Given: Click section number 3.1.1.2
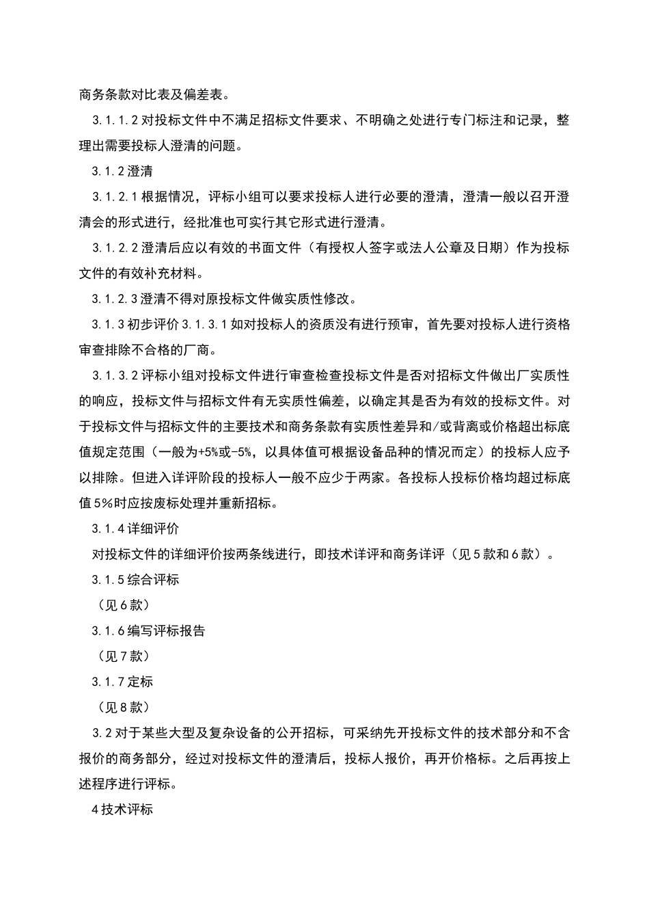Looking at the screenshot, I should click(x=115, y=120).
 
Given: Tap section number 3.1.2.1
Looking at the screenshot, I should click(x=115, y=197).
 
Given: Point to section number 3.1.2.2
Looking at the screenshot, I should click(x=115, y=248).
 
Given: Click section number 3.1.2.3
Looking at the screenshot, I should click(x=115, y=299).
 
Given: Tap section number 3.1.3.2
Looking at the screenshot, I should click(x=115, y=375).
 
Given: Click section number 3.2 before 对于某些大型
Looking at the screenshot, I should click(x=102, y=733).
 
